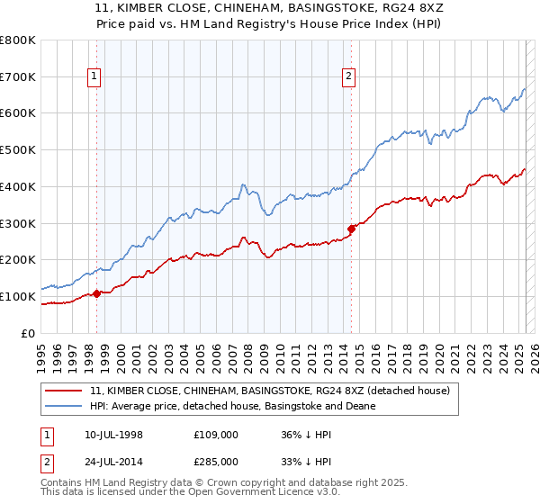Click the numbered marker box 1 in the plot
(94, 77)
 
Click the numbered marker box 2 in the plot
(348, 77)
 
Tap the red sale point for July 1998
(96, 292)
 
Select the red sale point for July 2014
(351, 229)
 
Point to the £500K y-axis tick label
(18, 150)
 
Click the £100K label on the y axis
(18, 296)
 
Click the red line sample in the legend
(64, 391)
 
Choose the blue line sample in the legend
(64, 406)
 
